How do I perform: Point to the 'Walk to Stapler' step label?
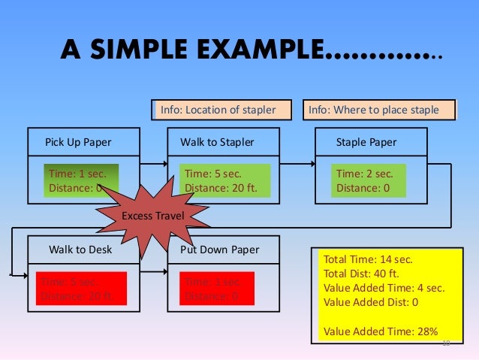pos(217,142)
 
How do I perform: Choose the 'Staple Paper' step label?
pos(366,142)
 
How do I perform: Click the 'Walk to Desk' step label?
pos(80,250)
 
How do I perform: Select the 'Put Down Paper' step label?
pos(219,250)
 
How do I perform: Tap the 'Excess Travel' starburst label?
pos(148,216)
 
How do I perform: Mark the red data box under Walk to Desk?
pos(78,289)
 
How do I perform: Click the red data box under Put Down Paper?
pos(216,289)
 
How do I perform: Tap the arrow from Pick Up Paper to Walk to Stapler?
pos(153,163)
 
